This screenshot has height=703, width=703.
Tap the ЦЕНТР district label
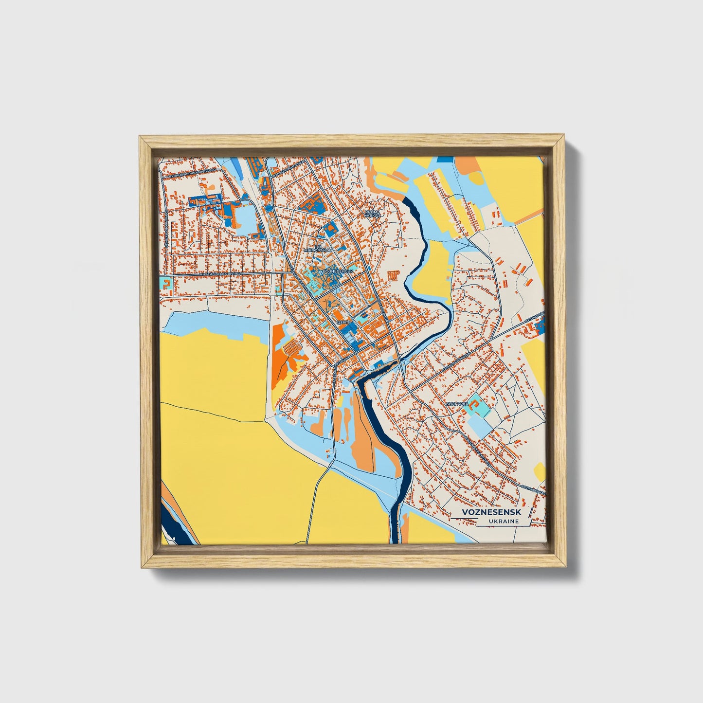tap(343, 322)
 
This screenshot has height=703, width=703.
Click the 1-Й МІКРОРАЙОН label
tap(318, 249)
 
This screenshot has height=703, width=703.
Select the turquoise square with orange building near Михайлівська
tap(167, 284)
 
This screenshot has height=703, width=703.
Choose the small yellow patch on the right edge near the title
tap(540, 471)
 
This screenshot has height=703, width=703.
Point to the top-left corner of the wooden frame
tap(142, 138)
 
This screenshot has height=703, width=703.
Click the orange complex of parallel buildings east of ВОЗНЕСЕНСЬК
tap(394, 275)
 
